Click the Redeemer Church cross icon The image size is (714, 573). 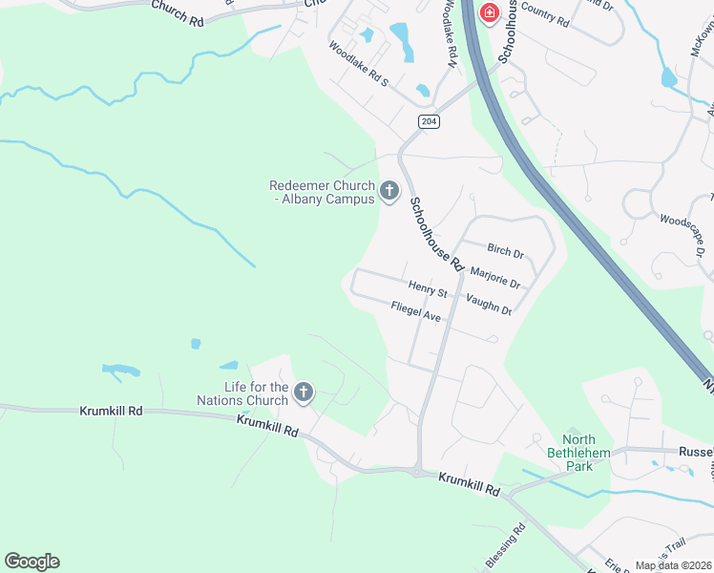(388, 191)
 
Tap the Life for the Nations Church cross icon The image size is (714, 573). (304, 392)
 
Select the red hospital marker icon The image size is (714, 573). (489, 13)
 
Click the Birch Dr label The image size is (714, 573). (505, 251)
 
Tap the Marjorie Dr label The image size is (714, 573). (495, 277)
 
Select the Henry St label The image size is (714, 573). (427, 288)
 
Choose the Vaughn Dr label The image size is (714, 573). (489, 305)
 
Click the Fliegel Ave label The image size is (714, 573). (415, 311)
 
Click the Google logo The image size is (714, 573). (31, 562)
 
